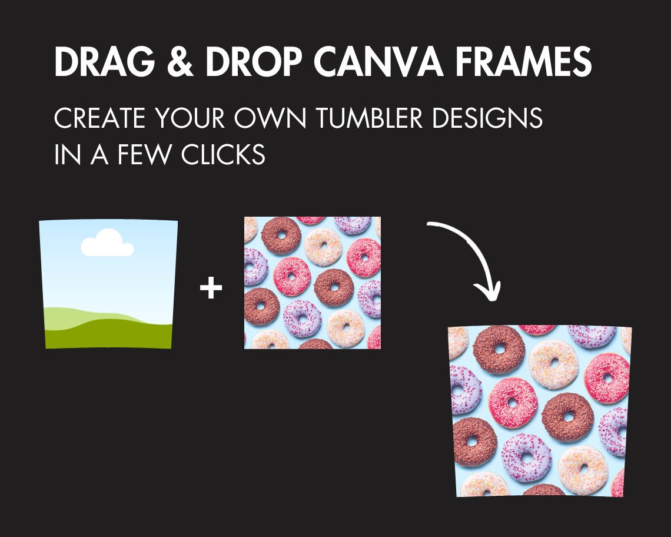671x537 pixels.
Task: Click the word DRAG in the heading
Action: (x=104, y=61)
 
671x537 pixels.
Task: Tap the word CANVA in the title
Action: (x=378, y=61)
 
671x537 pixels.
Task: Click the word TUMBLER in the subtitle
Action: (x=369, y=118)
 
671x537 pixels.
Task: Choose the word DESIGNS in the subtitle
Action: (x=487, y=118)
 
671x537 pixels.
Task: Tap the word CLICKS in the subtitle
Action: (x=223, y=154)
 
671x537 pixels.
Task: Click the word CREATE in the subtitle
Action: (x=99, y=118)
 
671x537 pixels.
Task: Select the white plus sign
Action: (x=211, y=288)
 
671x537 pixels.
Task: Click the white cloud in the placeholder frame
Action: (x=107, y=243)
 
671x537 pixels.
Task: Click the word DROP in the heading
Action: (x=253, y=61)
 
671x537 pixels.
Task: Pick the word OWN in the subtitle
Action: (x=270, y=118)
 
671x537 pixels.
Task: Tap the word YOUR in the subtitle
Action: (x=190, y=118)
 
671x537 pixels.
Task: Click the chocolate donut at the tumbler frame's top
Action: (x=499, y=349)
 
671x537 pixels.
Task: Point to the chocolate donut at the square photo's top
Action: (x=281, y=236)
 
